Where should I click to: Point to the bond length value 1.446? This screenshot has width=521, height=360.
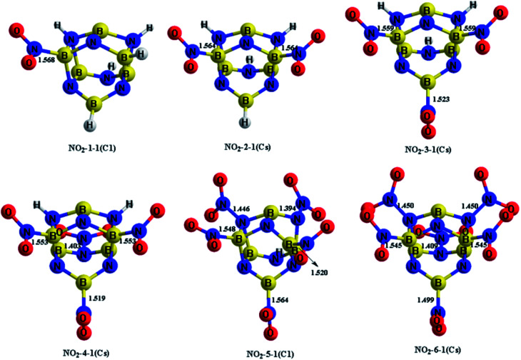[x=241, y=209]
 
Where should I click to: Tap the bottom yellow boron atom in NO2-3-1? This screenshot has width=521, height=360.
[x=426, y=81]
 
